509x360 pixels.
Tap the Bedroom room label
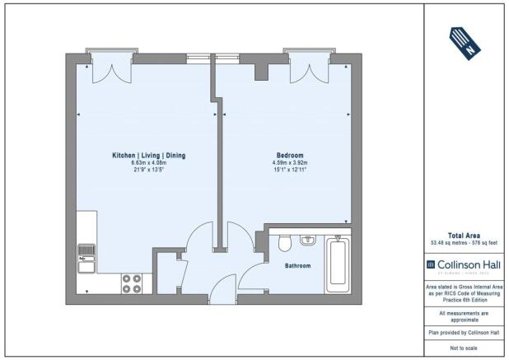pyautogui.click(x=289, y=156)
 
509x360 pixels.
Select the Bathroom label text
pyautogui.click(x=297, y=266)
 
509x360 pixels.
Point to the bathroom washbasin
pyautogui.click(x=308, y=241)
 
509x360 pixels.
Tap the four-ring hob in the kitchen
pyautogui.click(x=131, y=283)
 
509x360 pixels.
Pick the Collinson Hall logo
pyautogui.click(x=465, y=264)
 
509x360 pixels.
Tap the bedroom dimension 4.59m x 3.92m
pyautogui.click(x=289, y=163)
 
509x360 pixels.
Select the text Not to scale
pyautogui.click(x=465, y=349)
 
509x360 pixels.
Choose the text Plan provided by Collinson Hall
pyautogui.click(x=465, y=334)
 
